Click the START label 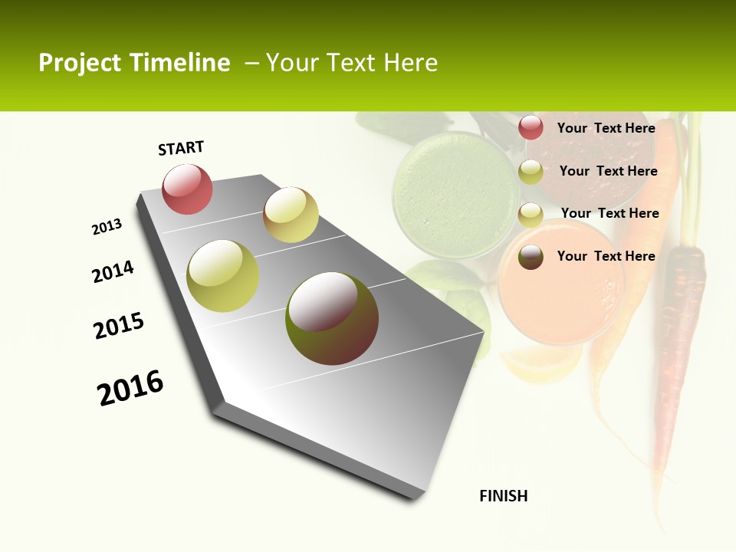(181, 148)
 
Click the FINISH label (504, 496)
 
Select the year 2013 (107, 227)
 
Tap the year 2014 (113, 271)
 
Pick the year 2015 (119, 325)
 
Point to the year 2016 (130, 388)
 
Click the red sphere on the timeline (187, 189)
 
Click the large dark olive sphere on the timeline (332, 318)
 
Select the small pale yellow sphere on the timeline (291, 215)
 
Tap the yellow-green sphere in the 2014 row (223, 276)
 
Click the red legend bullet (531, 128)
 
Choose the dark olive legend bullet (531, 257)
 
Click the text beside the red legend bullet (606, 129)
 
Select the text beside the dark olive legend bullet (606, 256)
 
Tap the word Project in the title (80, 63)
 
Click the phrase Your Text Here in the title (352, 63)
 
